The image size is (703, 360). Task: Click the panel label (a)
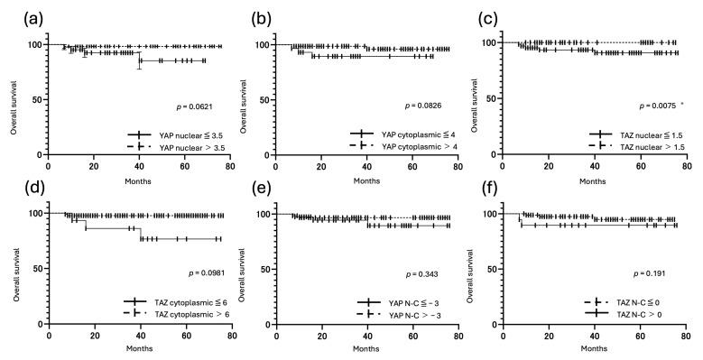[15, 12]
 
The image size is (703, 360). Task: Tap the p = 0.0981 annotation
[188, 272]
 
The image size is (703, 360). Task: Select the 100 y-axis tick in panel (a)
[34, 45]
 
